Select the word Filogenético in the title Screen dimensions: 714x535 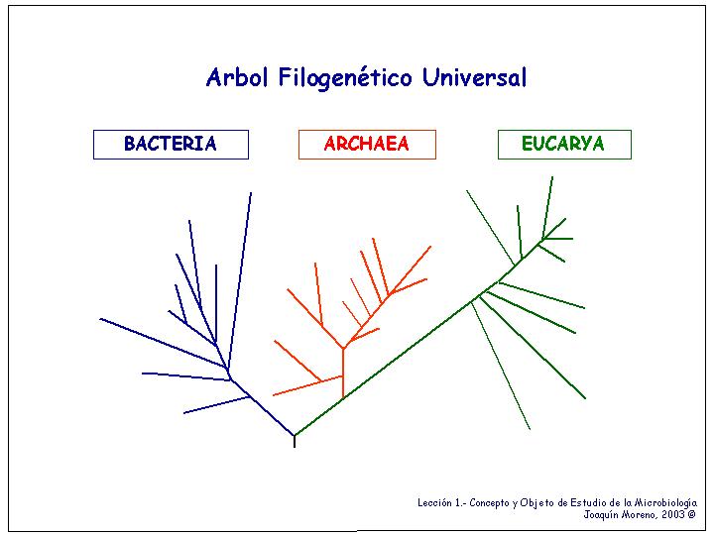(345, 78)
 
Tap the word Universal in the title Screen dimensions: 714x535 (474, 77)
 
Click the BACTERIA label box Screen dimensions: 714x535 (171, 145)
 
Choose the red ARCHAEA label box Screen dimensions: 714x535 (367, 145)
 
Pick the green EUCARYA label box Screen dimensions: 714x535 (564, 145)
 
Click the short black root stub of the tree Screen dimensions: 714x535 (295, 441)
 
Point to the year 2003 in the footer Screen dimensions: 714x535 (673, 514)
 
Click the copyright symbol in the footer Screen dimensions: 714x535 (692, 514)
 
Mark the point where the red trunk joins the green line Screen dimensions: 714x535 (343, 399)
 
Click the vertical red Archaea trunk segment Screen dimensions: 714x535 (343, 374)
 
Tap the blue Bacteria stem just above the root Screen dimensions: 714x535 (273, 416)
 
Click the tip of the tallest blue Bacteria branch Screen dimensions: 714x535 (251, 193)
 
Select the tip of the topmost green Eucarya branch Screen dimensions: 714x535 (552, 177)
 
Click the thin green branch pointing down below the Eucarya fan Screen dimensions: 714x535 (501, 367)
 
